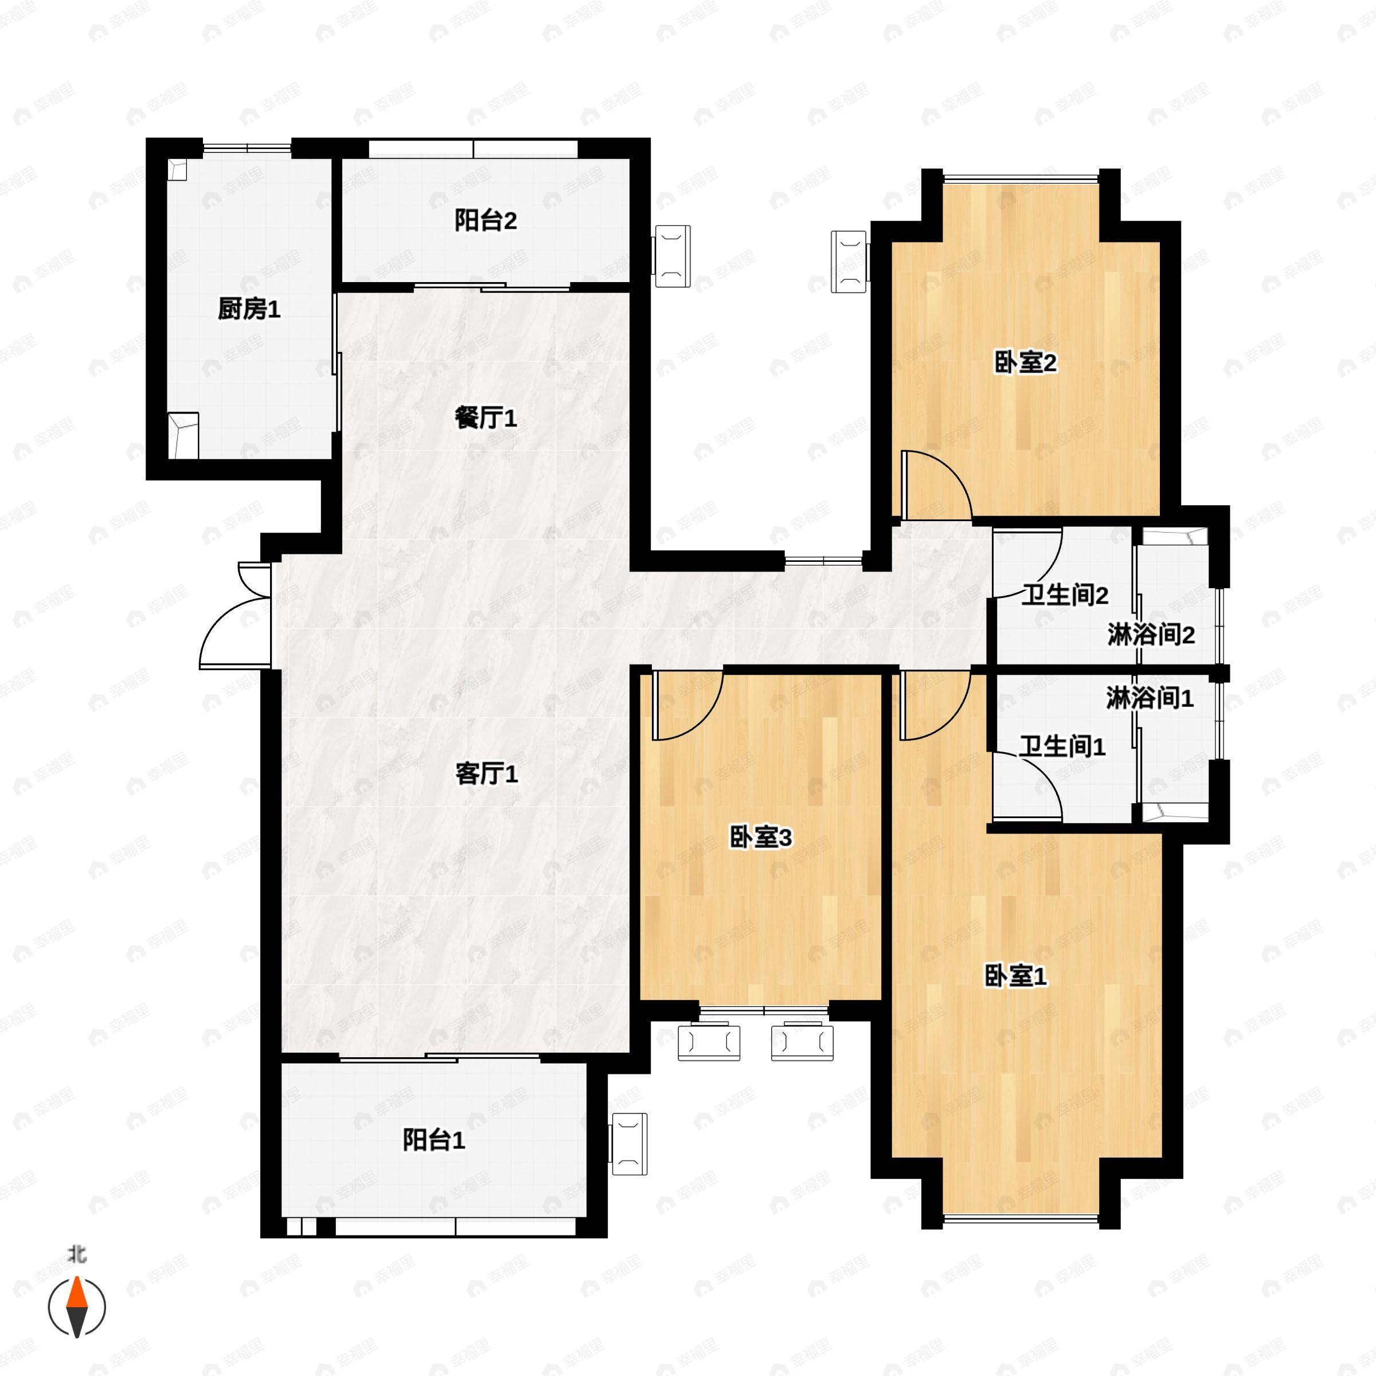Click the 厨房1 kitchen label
click(249, 309)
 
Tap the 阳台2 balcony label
click(486, 221)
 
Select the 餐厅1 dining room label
click(486, 418)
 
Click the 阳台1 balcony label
click(434, 1140)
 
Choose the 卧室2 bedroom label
click(1026, 363)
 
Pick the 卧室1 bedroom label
click(1015, 976)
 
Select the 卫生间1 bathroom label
click(1062, 746)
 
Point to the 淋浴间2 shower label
click(1151, 635)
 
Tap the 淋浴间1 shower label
click(1150, 699)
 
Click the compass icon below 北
click(77, 1307)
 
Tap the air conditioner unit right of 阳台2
click(673, 256)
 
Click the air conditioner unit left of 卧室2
click(850, 261)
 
